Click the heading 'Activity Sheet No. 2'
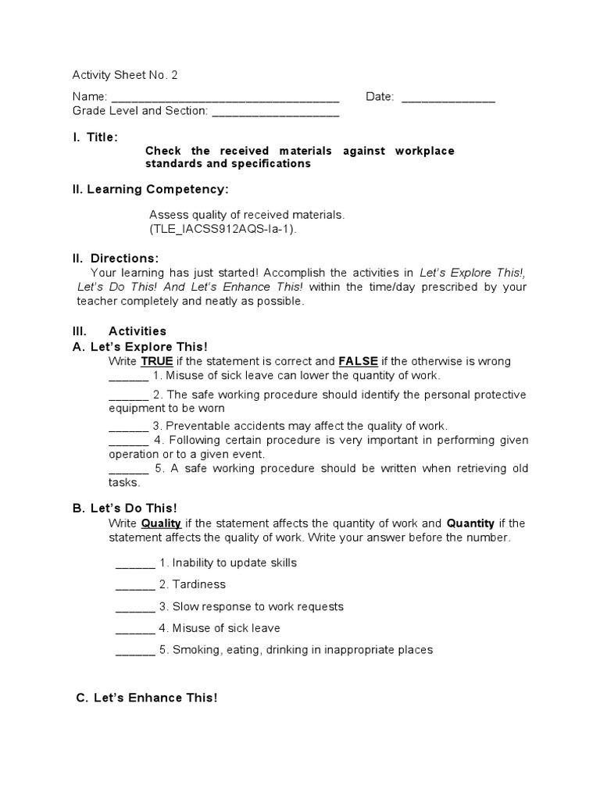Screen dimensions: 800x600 tap(125, 75)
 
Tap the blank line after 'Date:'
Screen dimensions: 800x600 tap(448, 98)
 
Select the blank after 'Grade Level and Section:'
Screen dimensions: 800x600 tap(275, 112)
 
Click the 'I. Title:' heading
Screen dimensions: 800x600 tap(95, 137)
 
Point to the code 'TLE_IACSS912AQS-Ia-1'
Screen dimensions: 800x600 tap(223, 229)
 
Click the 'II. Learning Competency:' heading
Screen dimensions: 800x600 tap(151, 189)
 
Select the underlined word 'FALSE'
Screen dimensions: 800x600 tap(359, 361)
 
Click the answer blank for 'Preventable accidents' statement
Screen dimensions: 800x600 tap(128, 427)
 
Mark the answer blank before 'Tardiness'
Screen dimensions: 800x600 tap(135, 585)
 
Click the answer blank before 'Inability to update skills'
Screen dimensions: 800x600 tap(135, 563)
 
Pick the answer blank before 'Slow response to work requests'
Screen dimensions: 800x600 tap(135, 607)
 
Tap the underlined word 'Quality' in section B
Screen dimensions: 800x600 tap(161, 523)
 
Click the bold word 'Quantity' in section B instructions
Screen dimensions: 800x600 tap(470, 523)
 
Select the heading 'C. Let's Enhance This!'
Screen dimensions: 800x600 tap(147, 698)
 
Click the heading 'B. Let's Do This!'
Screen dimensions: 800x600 tap(125, 508)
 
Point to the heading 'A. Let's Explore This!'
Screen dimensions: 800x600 tap(140, 346)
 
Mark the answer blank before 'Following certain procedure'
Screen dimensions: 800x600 tap(128, 441)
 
